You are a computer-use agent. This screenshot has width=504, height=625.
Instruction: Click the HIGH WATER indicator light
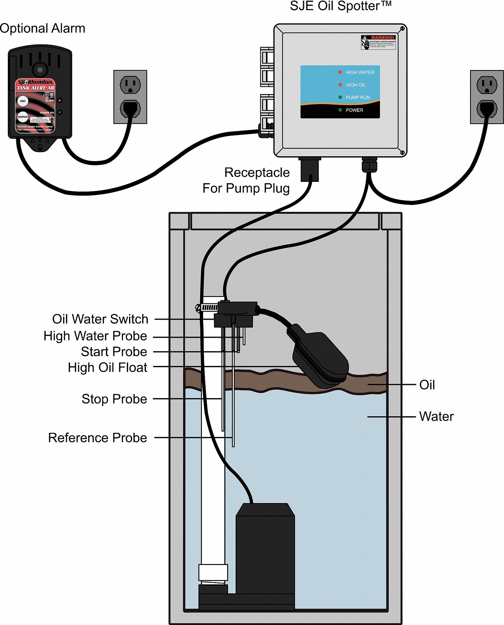pyautogui.click(x=340, y=72)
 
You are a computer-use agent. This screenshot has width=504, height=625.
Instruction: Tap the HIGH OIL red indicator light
pyautogui.click(x=340, y=85)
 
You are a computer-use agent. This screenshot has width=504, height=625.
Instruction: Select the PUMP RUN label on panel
pyautogui.click(x=358, y=97)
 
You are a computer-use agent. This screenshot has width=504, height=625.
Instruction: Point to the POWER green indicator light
pyautogui.click(x=340, y=110)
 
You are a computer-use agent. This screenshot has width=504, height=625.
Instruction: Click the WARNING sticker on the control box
pyautogui.click(x=378, y=42)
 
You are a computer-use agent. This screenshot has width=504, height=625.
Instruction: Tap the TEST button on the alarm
pyautogui.click(x=22, y=101)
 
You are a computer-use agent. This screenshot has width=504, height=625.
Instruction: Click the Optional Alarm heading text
pyautogui.click(x=42, y=28)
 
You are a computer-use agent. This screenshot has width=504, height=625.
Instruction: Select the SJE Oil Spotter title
pyautogui.click(x=341, y=6)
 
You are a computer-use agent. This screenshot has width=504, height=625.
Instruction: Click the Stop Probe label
pyautogui.click(x=114, y=399)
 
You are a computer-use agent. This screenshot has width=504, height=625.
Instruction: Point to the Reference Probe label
pyautogui.click(x=97, y=438)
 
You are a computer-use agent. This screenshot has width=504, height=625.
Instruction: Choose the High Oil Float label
pyautogui.click(x=107, y=367)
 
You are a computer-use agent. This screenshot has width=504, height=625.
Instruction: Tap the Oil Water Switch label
pyautogui.click(x=100, y=319)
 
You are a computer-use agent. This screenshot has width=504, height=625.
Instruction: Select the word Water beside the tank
pyautogui.click(x=436, y=417)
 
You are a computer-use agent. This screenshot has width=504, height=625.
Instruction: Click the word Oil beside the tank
pyautogui.click(x=427, y=385)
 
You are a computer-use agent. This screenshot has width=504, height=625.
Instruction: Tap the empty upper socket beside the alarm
pyautogui.click(x=130, y=84)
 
